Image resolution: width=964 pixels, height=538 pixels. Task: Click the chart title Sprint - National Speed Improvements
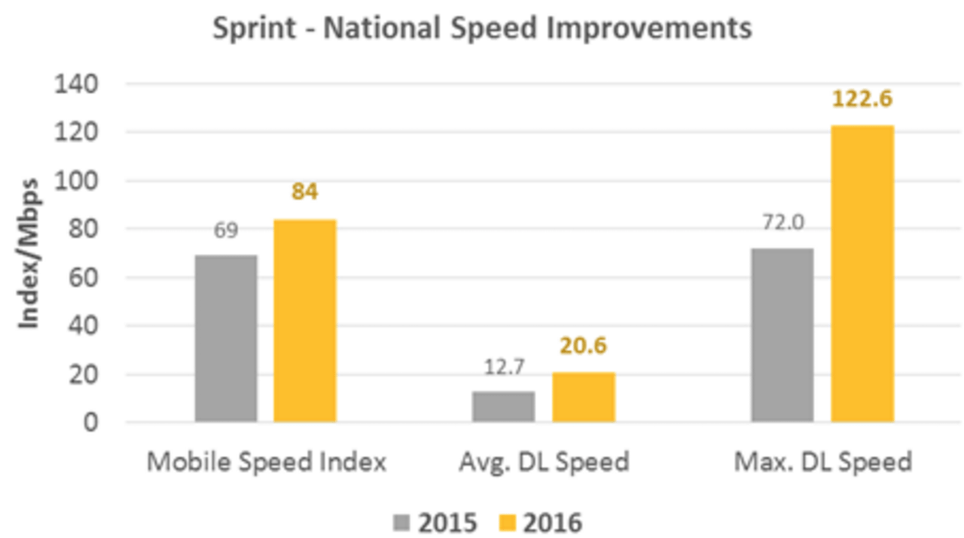click(482, 29)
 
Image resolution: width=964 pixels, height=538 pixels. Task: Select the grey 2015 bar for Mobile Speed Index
click(226, 338)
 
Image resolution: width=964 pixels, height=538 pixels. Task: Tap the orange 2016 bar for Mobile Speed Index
click(304, 320)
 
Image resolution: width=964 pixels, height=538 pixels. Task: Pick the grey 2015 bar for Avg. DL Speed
click(504, 406)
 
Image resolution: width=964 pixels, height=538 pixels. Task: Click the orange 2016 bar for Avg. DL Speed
click(583, 397)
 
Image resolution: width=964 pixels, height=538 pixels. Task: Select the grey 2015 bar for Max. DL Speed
click(782, 335)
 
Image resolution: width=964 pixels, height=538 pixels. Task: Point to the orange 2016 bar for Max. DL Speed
click(862, 274)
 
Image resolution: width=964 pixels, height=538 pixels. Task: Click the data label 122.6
click(863, 99)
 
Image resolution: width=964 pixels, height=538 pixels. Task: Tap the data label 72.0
click(782, 223)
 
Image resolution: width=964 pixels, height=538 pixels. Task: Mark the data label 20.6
click(583, 346)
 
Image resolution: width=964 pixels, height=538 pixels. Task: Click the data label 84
click(304, 192)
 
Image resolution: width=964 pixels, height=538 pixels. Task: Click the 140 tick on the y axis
click(78, 84)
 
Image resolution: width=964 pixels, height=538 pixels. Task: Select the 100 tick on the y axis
click(78, 181)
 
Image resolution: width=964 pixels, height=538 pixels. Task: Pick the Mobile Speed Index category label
click(266, 461)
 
